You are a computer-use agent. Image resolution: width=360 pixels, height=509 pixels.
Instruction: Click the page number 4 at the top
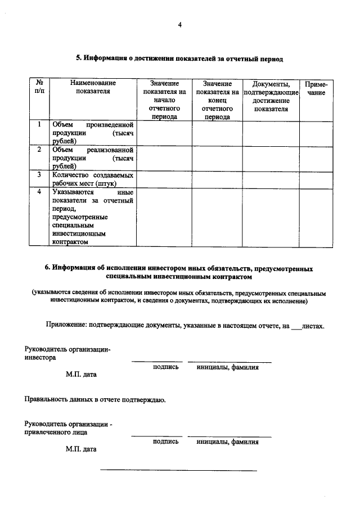pyautogui.click(x=179, y=25)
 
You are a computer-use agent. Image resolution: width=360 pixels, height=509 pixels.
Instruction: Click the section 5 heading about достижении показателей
pyautogui.click(x=179, y=58)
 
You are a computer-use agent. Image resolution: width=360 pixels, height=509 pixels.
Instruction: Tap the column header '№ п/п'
pyautogui.click(x=39, y=87)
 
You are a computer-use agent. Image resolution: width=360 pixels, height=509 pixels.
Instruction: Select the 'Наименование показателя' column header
pyautogui.click(x=93, y=87)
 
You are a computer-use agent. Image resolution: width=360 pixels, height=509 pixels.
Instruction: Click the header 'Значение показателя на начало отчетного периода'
pyautogui.click(x=164, y=100)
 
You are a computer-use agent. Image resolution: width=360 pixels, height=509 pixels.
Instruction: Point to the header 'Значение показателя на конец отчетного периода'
pyautogui.click(x=217, y=100)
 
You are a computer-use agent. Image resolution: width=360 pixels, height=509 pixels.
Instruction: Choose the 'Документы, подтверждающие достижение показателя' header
pyautogui.click(x=271, y=96)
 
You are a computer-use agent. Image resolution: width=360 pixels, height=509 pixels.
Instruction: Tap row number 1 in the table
pyautogui.click(x=39, y=124)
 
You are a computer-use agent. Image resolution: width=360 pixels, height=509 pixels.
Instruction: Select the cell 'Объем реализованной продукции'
pyautogui.click(x=93, y=158)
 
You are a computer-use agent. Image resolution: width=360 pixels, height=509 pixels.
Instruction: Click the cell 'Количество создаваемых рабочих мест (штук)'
pyautogui.click(x=93, y=179)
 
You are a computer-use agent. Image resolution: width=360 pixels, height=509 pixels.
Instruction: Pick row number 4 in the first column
pyautogui.click(x=39, y=192)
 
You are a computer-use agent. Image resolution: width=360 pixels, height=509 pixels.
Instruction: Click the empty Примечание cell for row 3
pyautogui.click(x=316, y=179)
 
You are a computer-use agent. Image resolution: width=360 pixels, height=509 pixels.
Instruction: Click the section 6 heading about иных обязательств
pyautogui.click(x=179, y=273)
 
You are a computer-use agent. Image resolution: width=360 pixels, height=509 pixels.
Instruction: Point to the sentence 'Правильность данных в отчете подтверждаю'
pyautogui.click(x=94, y=400)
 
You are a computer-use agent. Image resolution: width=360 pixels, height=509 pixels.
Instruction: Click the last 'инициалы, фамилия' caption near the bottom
pyautogui.click(x=228, y=442)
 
